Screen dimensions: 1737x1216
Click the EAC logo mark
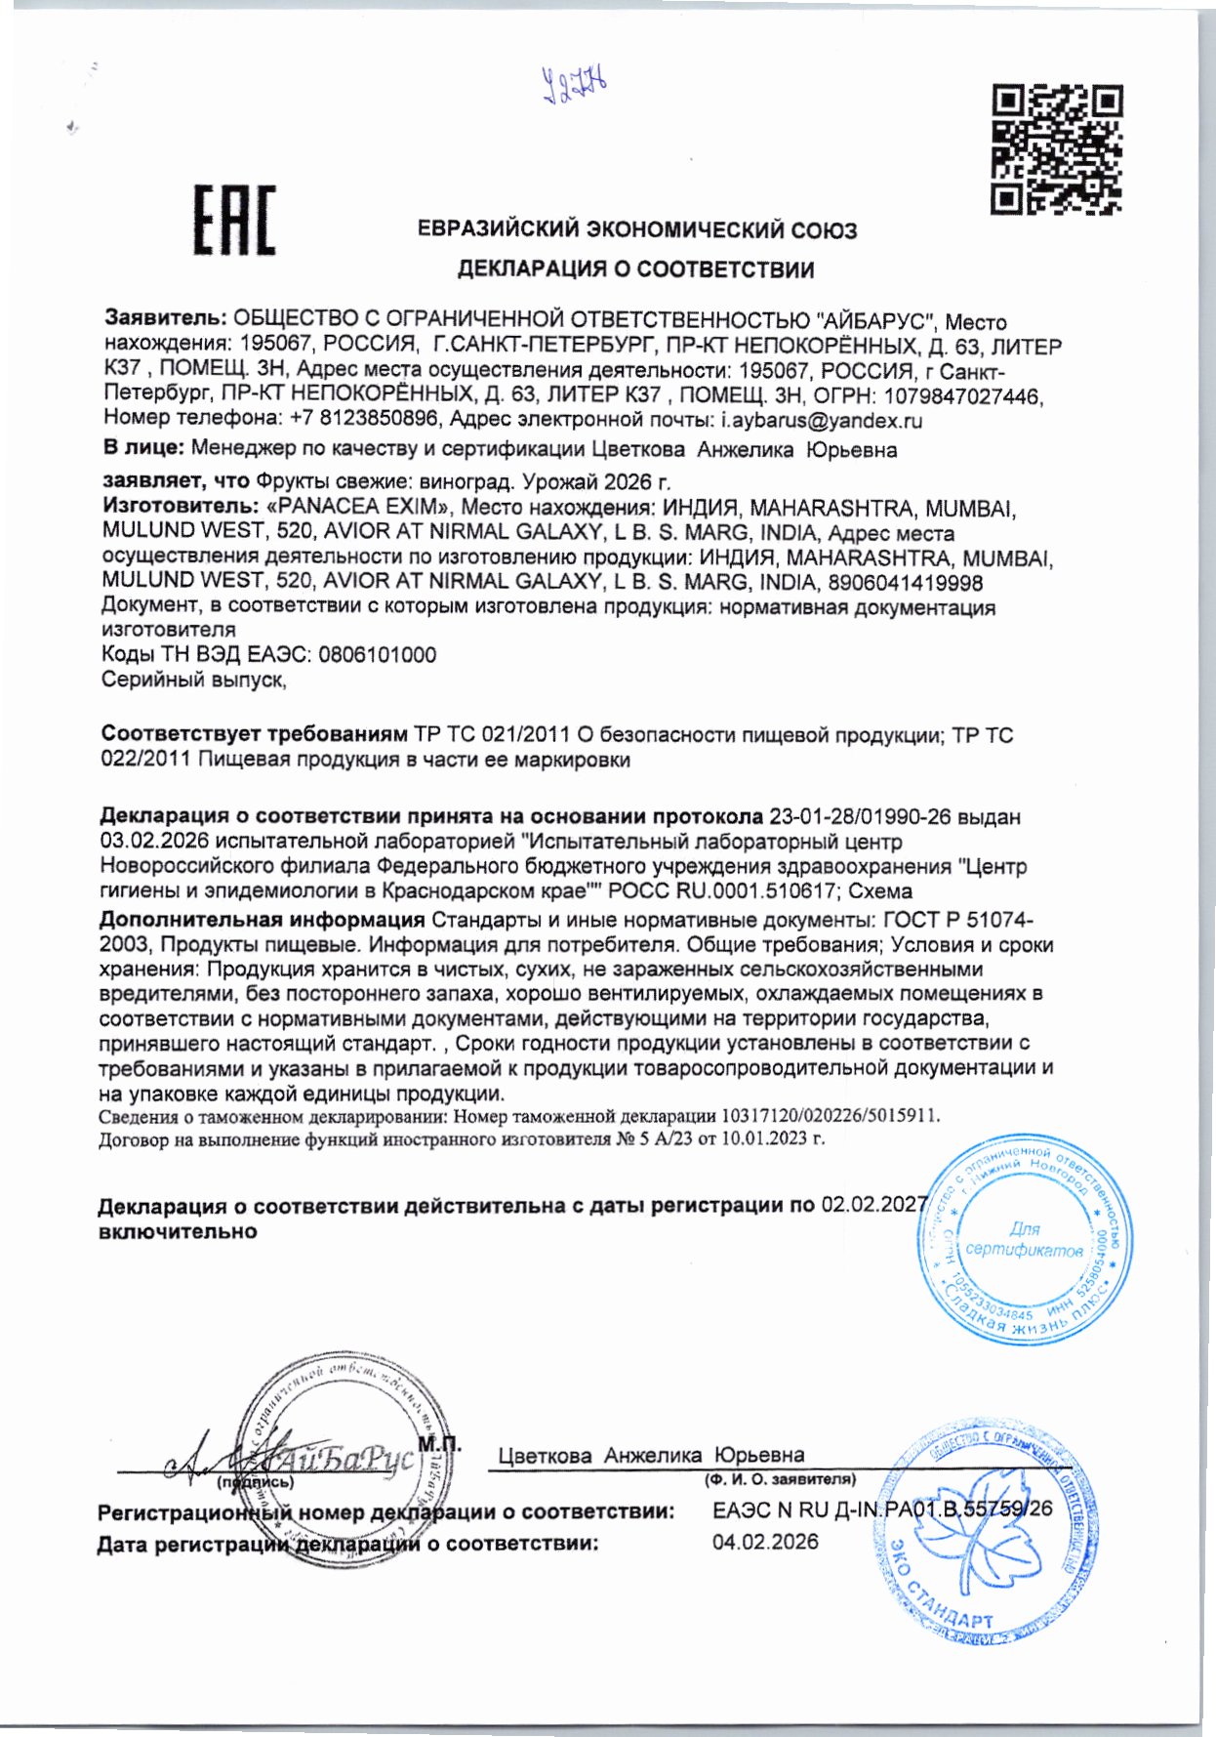(234, 221)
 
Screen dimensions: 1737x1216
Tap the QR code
(1057, 148)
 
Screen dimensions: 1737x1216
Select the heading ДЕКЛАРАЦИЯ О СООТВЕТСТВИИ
(636, 269)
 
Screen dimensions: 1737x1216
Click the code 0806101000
(377, 655)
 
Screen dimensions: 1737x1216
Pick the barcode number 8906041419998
(905, 583)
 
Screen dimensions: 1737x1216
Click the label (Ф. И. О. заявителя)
(780, 1479)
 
